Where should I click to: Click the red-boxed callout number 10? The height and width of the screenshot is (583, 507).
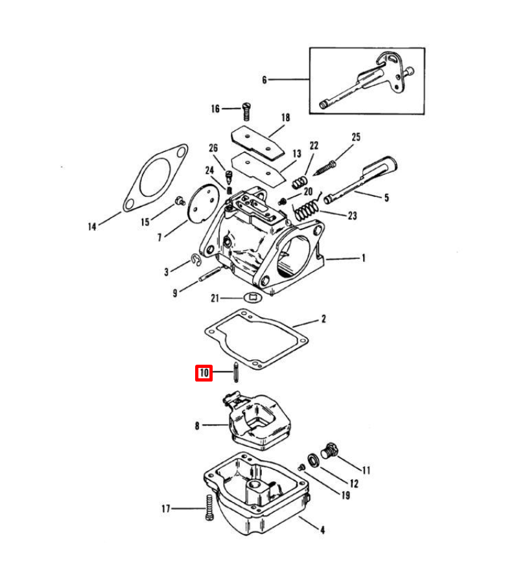pyautogui.click(x=204, y=373)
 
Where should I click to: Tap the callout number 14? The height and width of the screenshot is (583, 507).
pyautogui.click(x=92, y=227)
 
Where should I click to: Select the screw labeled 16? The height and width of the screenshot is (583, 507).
pyautogui.click(x=246, y=111)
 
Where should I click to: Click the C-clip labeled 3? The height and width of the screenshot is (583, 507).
pyautogui.click(x=196, y=260)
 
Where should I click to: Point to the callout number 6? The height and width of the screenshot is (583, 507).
pyautogui.click(x=265, y=80)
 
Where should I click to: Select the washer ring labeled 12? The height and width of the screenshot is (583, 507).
pyautogui.click(x=313, y=461)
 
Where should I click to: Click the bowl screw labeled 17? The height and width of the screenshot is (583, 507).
pyautogui.click(x=209, y=507)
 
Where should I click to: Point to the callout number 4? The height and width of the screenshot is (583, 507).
pyautogui.click(x=322, y=530)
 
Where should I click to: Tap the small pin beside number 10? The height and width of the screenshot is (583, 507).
pyautogui.click(x=235, y=371)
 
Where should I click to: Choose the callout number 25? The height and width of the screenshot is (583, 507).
pyautogui.click(x=356, y=137)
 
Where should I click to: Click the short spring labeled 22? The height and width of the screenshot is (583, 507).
pyautogui.click(x=300, y=182)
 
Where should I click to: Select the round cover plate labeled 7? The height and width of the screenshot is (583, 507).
pyautogui.click(x=203, y=204)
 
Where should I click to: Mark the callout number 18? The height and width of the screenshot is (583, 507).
pyautogui.click(x=285, y=117)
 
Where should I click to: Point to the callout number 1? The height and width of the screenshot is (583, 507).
pyautogui.click(x=363, y=258)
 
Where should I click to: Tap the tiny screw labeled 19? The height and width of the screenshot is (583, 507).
pyautogui.click(x=301, y=467)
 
